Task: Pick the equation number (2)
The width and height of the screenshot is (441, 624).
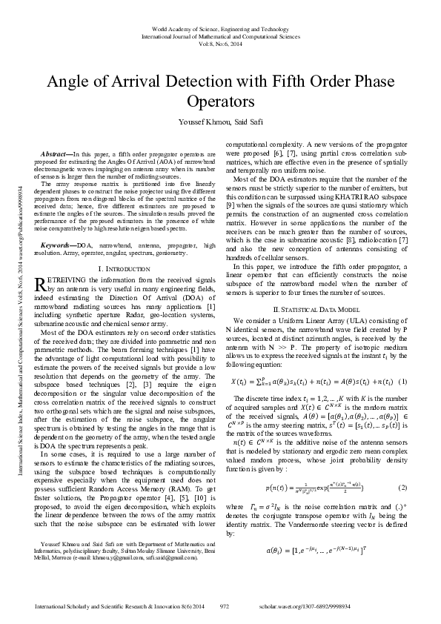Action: (402, 488)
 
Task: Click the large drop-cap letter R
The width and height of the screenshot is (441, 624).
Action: (42, 285)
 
